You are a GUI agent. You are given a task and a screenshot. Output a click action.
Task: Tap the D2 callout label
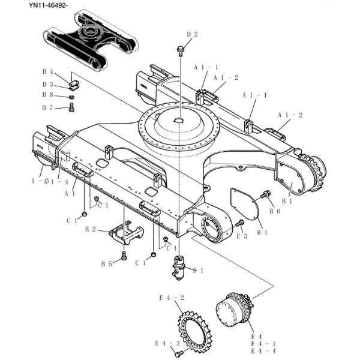(x=191, y=34)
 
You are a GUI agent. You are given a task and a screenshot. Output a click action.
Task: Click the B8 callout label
(x=47, y=95)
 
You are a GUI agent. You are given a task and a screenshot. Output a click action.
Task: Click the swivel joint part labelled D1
(x=179, y=267)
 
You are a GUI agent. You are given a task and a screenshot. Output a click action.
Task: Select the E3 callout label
(x=242, y=236)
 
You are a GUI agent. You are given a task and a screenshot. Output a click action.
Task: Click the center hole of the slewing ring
(x=178, y=121)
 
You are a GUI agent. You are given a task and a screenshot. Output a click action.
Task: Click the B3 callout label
(x=47, y=85)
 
